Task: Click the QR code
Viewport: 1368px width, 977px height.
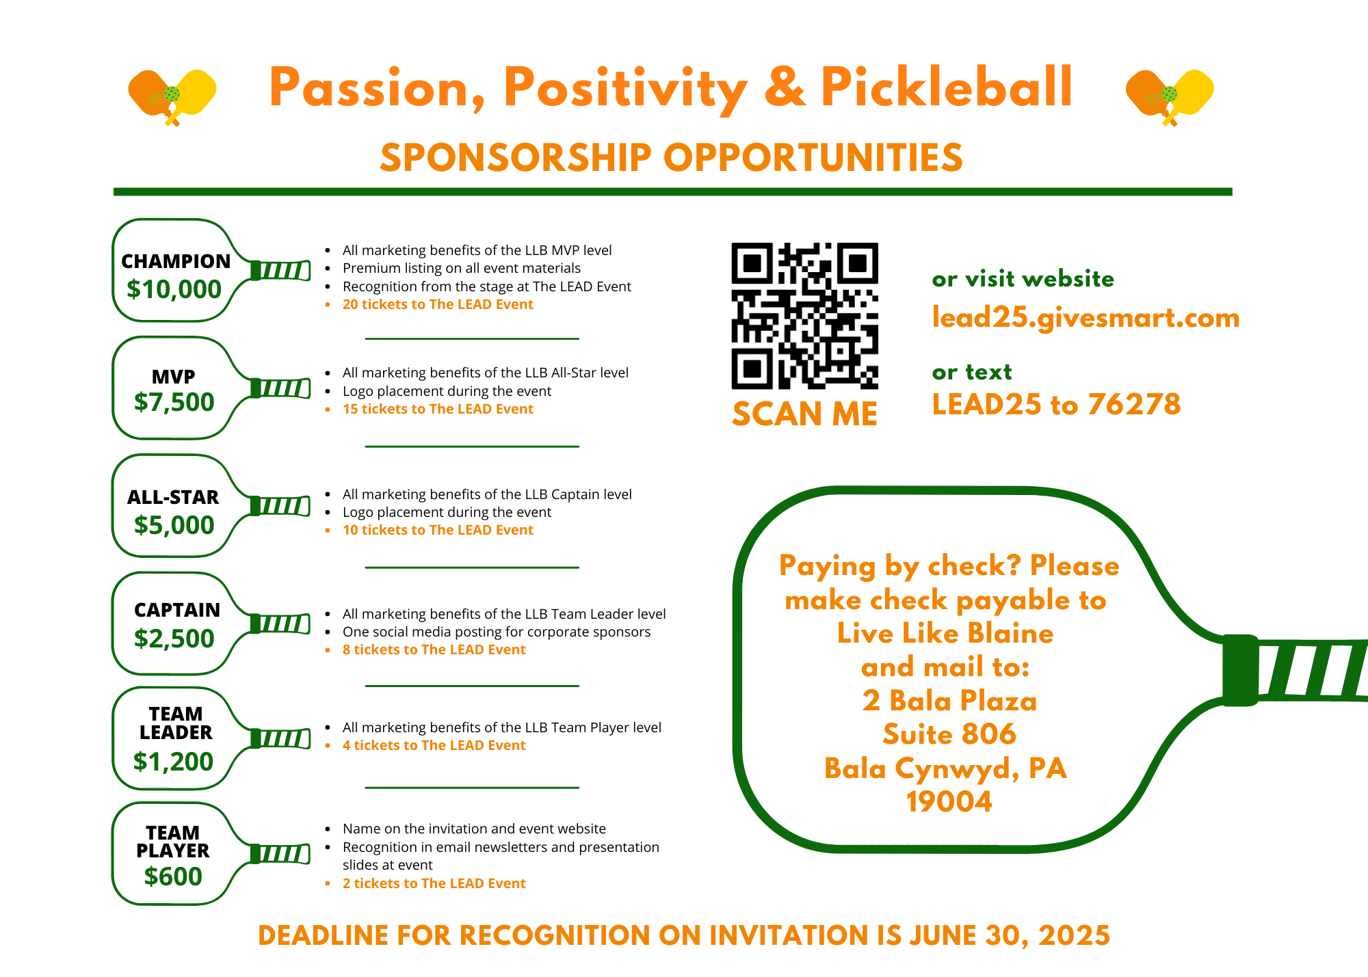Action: (804, 316)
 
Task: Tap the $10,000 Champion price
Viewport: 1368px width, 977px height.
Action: (174, 290)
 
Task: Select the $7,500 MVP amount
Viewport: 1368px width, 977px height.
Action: (174, 402)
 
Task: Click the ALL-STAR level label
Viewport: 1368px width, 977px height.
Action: (173, 497)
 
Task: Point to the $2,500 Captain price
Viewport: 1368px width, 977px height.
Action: (174, 639)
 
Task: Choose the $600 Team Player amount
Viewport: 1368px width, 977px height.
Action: (173, 876)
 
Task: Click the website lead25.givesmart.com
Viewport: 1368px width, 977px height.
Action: (1086, 318)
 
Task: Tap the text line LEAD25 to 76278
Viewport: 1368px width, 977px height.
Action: (1056, 405)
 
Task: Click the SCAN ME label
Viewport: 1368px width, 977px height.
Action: (804, 414)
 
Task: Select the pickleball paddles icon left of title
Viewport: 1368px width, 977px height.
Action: (172, 96)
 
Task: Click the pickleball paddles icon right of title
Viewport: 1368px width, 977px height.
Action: (1170, 96)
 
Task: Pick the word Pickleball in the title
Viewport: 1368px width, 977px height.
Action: (946, 88)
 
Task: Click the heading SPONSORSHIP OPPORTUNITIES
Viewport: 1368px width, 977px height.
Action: (671, 158)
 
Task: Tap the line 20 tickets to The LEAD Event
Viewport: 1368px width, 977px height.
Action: (438, 305)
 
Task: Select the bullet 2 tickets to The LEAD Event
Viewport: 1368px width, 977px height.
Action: (434, 883)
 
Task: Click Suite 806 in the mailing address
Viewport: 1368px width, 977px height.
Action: (949, 734)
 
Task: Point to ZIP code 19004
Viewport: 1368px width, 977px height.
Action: (949, 802)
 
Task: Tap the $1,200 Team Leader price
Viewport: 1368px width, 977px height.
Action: (173, 762)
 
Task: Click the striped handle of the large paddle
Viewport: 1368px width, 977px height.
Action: (1310, 670)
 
